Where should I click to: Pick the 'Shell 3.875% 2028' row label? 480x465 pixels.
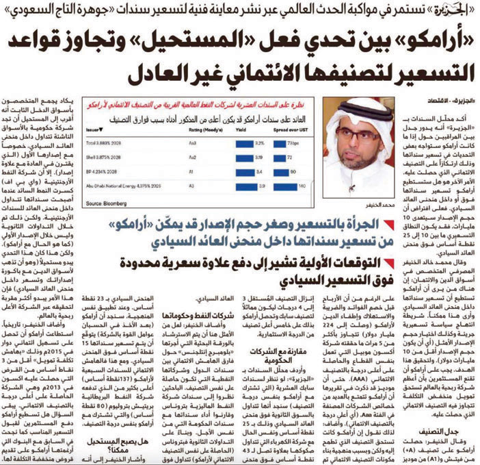click(111, 157)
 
